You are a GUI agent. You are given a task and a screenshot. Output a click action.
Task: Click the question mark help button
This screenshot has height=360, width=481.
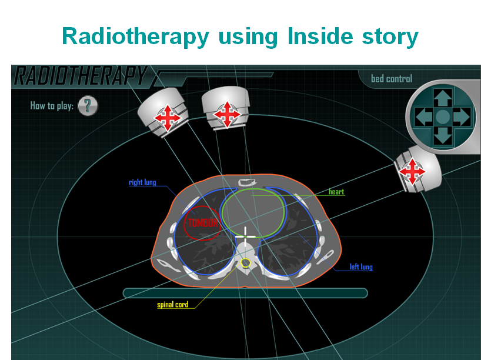[88, 106]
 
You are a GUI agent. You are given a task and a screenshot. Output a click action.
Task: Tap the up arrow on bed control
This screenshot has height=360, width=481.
[443, 98]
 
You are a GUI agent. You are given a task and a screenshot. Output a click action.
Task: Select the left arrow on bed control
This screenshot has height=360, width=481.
[423, 116]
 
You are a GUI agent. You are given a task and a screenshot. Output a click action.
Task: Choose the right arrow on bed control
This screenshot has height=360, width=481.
[462, 116]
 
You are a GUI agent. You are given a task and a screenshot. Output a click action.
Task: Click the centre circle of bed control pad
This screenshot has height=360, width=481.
[443, 116]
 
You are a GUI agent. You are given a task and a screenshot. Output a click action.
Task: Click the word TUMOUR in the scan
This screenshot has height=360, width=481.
[203, 223]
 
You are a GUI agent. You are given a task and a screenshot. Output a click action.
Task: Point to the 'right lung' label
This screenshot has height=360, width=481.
[142, 182]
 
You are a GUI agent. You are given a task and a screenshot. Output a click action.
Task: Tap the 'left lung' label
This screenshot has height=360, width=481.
[361, 266]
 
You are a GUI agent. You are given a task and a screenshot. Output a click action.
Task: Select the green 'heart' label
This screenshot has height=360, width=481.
[336, 192]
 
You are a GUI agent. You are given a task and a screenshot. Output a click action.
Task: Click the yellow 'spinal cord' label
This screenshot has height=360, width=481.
[173, 305]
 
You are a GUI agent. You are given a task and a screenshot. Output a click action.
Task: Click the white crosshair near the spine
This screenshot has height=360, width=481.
[245, 236]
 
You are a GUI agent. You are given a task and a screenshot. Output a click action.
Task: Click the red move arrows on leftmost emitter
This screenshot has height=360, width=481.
[168, 118]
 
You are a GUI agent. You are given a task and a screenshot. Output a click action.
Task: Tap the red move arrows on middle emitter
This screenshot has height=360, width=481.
[227, 115]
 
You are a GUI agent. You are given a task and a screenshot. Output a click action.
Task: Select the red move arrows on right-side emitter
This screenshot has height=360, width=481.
[412, 171]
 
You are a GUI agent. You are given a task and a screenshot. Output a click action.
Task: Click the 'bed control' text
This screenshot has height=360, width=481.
[392, 79]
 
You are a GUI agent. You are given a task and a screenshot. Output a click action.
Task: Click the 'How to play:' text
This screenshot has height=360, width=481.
[52, 106]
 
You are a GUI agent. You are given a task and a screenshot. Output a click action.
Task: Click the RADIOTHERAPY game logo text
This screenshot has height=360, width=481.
[81, 75]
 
